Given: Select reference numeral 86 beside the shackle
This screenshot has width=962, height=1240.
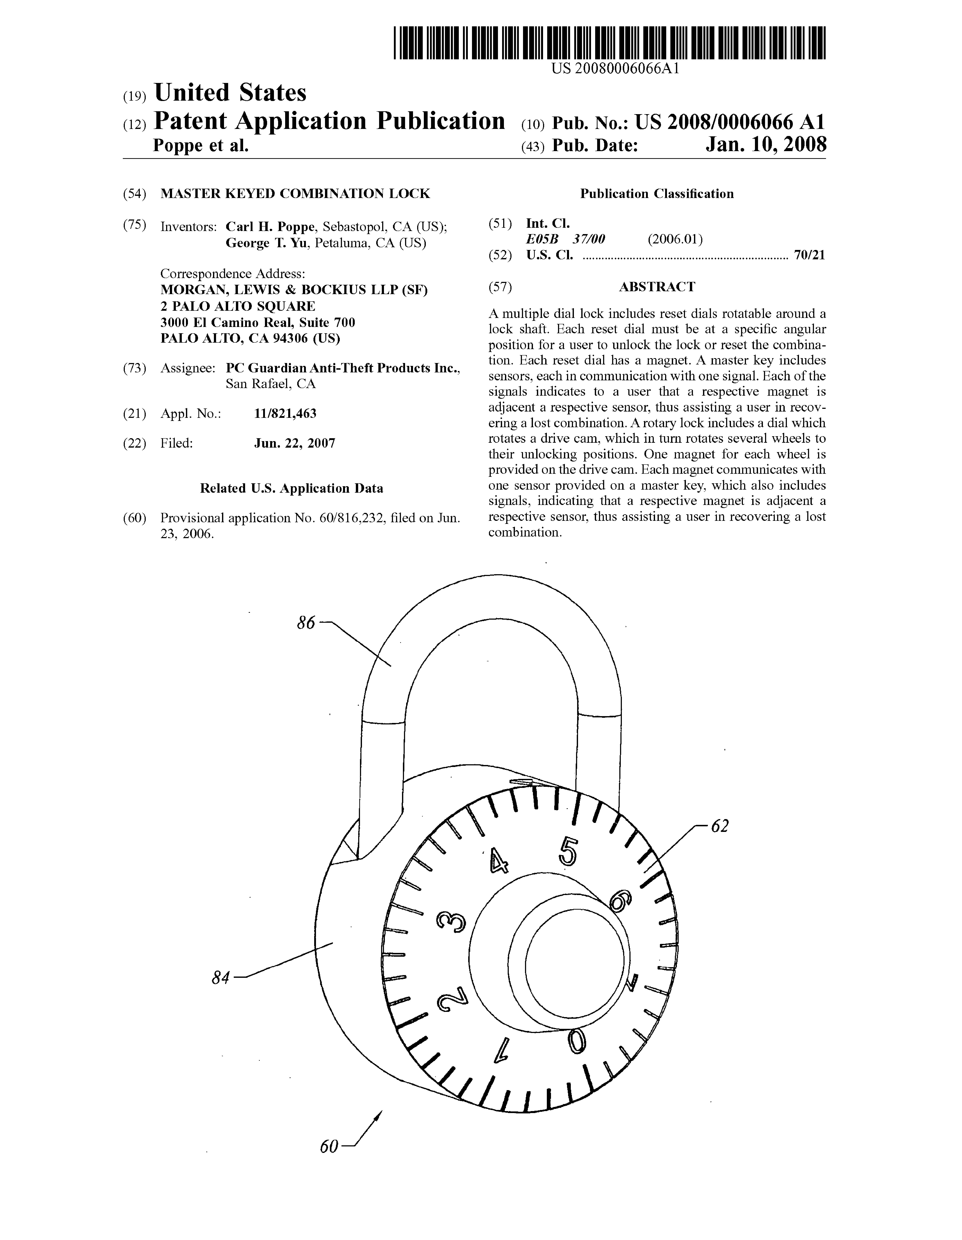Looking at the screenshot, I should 306,623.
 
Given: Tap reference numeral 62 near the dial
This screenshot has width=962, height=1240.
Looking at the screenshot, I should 719,827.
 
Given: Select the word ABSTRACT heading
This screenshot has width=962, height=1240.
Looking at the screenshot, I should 656,287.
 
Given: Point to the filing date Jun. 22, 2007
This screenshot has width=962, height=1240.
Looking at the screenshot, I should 295,443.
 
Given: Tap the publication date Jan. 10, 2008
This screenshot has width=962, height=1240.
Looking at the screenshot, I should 766,145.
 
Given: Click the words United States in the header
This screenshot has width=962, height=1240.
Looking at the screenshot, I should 230,93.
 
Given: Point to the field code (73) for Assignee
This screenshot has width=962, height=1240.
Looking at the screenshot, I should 135,368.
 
